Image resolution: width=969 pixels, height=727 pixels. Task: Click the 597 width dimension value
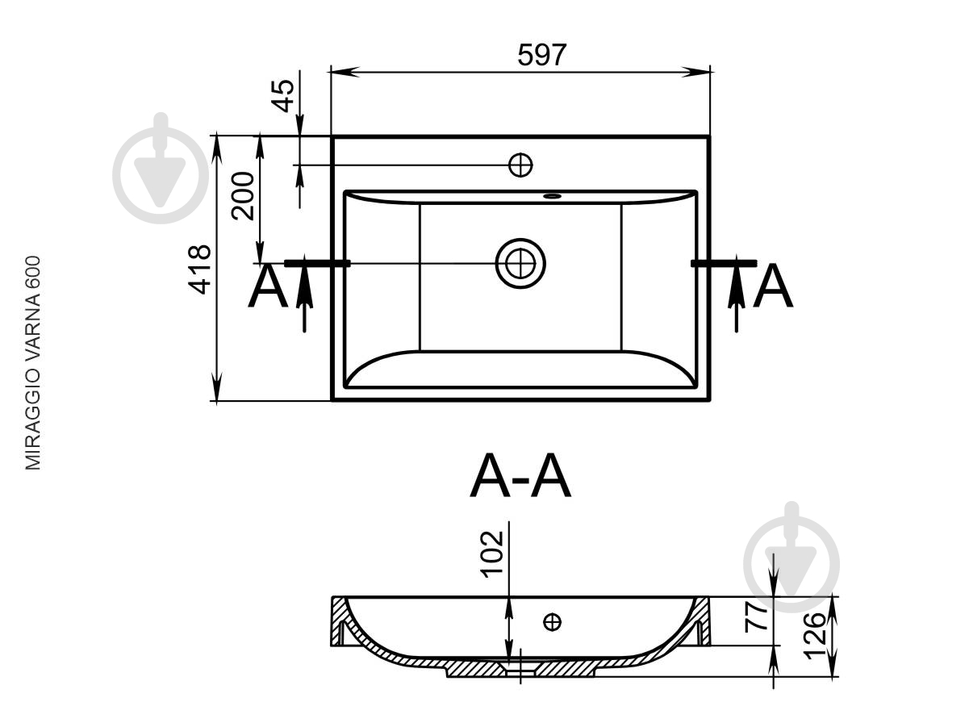[x=541, y=55]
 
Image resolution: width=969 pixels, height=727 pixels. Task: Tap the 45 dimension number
[x=283, y=96]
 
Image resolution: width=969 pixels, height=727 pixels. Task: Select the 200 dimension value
[x=243, y=196]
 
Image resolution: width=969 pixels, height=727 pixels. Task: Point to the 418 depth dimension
[x=199, y=269]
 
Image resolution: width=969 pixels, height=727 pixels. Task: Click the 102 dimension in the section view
[x=492, y=554]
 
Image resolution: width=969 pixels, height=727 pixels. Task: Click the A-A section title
[x=520, y=476]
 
